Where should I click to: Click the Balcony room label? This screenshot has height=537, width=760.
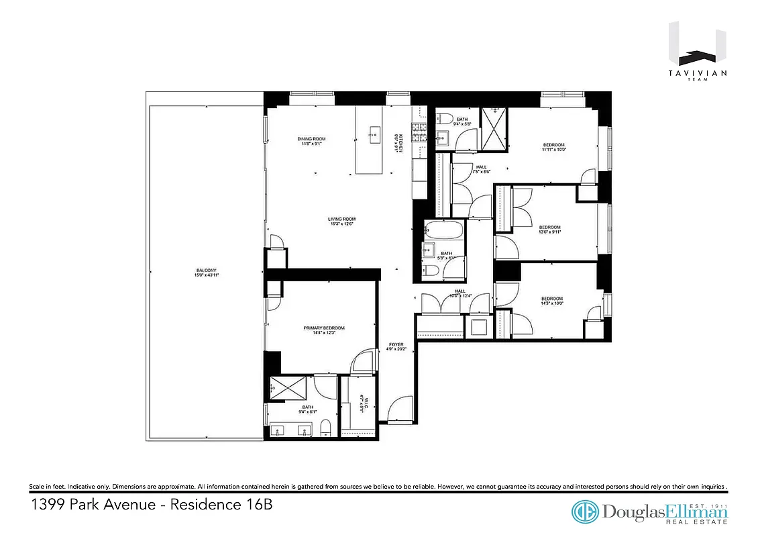pos(207,271)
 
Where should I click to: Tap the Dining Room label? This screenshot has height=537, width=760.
pos(311,139)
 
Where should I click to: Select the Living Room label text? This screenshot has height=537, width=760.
pos(341,219)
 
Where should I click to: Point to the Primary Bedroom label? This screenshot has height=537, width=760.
pos(324,328)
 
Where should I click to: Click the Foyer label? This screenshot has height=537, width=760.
pos(396,345)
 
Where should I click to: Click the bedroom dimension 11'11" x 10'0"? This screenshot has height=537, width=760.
pos(553,150)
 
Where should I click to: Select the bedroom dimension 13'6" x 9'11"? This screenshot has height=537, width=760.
pos(549,232)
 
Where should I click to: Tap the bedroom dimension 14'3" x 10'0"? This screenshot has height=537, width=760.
pos(551,303)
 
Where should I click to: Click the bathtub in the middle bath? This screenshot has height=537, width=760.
pos(444,231)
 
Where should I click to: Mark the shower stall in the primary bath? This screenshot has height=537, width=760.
pos(288,389)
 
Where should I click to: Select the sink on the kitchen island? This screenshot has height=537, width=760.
pos(374,131)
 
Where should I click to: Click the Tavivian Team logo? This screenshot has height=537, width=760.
pos(698,53)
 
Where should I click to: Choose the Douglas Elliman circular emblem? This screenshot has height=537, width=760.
pos(585,511)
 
